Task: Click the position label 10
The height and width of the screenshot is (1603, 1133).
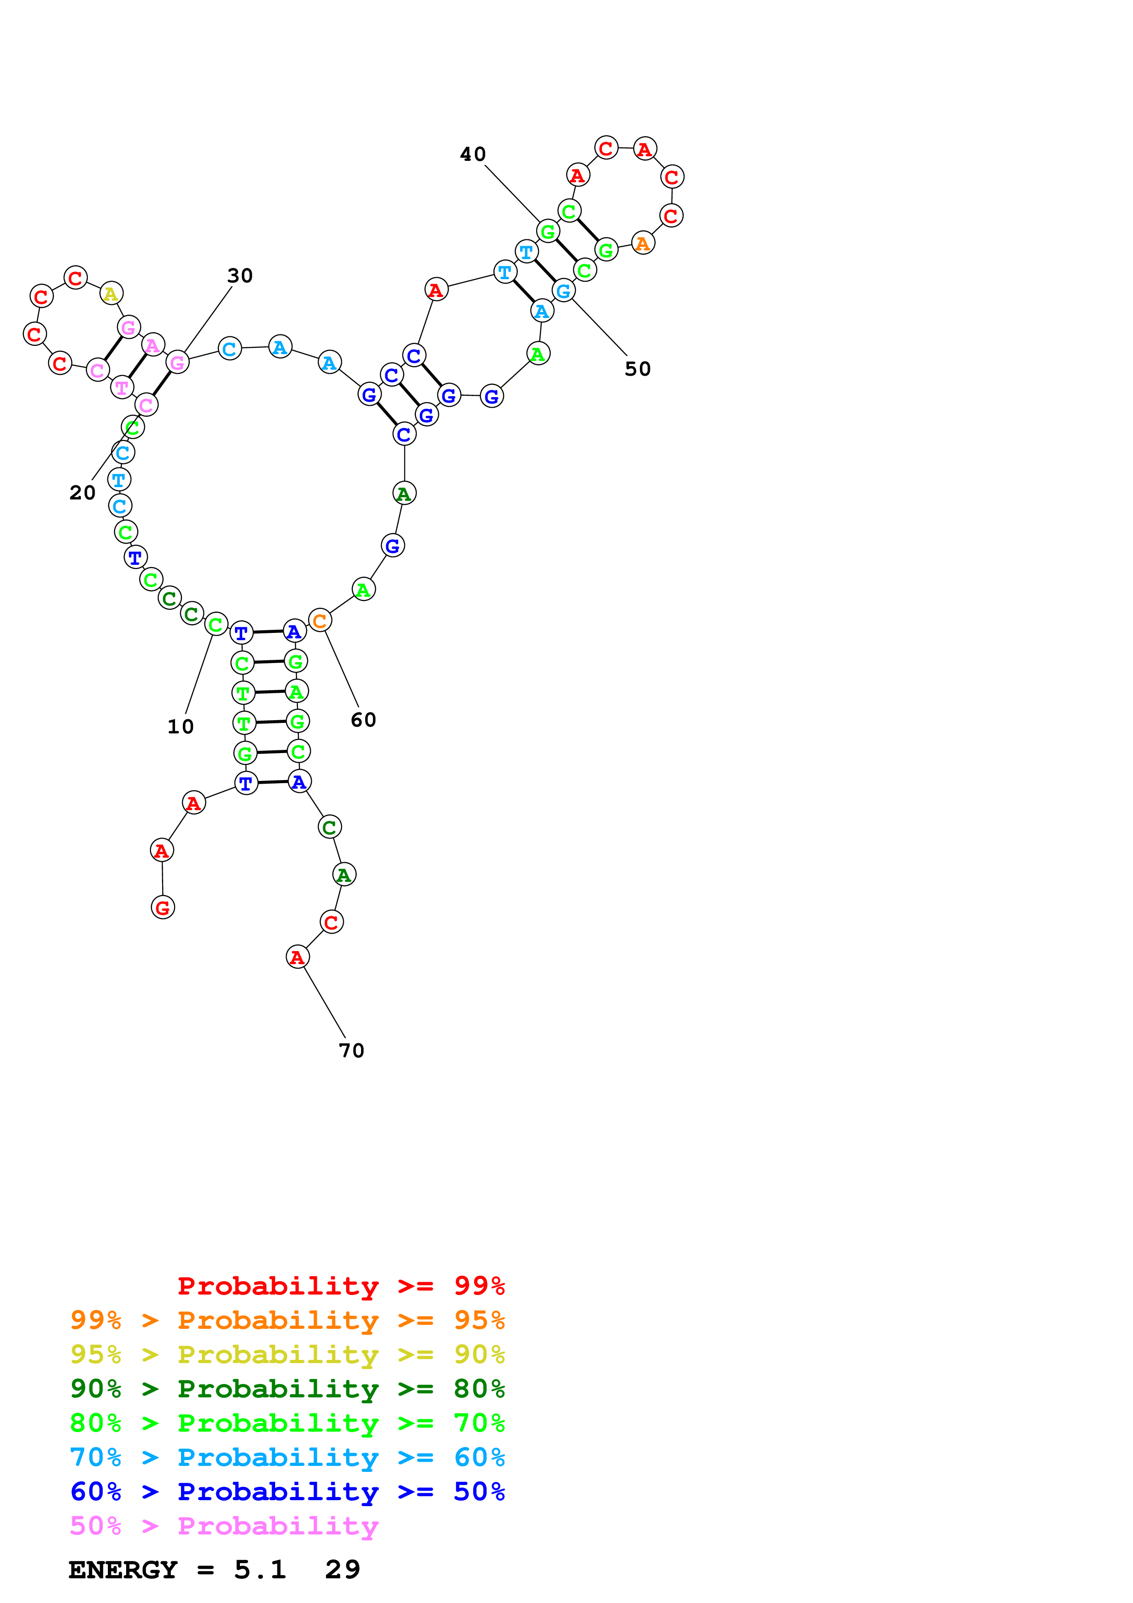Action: (180, 727)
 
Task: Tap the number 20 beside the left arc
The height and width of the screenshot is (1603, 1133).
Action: (82, 493)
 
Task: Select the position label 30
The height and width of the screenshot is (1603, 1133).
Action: (239, 276)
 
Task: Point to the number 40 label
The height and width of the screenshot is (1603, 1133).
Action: (473, 154)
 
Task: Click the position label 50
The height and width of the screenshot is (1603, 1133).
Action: (638, 369)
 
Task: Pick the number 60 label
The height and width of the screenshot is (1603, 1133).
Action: (363, 720)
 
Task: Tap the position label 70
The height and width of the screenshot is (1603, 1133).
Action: (351, 1051)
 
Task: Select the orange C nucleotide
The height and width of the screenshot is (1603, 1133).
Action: (320, 620)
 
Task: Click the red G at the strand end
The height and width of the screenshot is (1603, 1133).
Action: (163, 908)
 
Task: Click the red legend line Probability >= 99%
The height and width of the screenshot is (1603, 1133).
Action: (340, 1286)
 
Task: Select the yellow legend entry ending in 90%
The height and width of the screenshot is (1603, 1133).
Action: (287, 1354)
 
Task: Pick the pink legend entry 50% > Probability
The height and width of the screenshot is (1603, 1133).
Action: (224, 1526)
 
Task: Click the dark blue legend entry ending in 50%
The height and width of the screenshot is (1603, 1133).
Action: (287, 1492)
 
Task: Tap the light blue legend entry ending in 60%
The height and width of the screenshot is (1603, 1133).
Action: (287, 1458)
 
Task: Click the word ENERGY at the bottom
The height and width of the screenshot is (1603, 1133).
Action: (123, 1570)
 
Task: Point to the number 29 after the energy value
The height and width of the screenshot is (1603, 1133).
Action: (343, 1570)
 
